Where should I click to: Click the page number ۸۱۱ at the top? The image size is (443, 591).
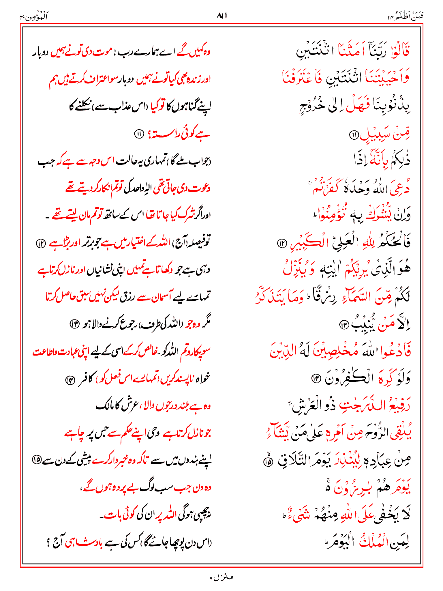[221, 16]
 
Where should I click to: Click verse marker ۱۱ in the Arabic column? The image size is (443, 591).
[354, 134]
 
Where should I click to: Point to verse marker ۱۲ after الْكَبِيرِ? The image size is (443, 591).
[281, 243]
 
